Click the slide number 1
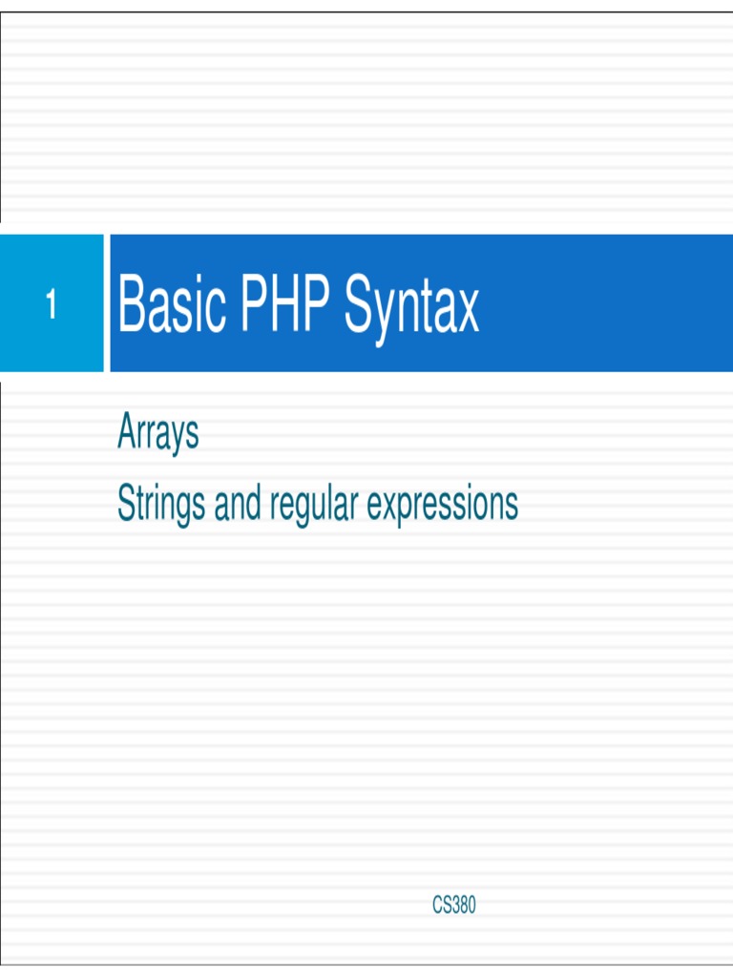pyautogui.click(x=52, y=305)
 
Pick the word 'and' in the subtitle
pyautogui.click(x=238, y=503)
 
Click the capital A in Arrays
pyautogui.click(x=126, y=432)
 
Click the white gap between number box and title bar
pyautogui.click(x=107, y=303)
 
